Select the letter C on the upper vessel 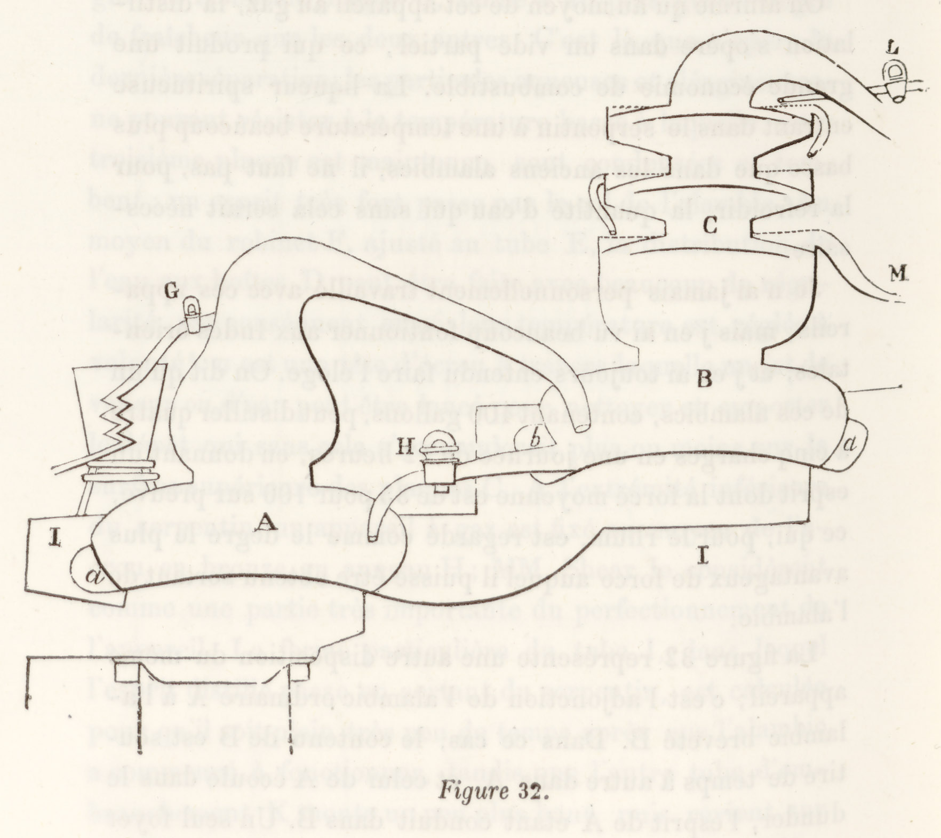tap(710, 225)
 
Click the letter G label tap(172, 292)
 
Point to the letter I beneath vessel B tap(704, 557)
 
